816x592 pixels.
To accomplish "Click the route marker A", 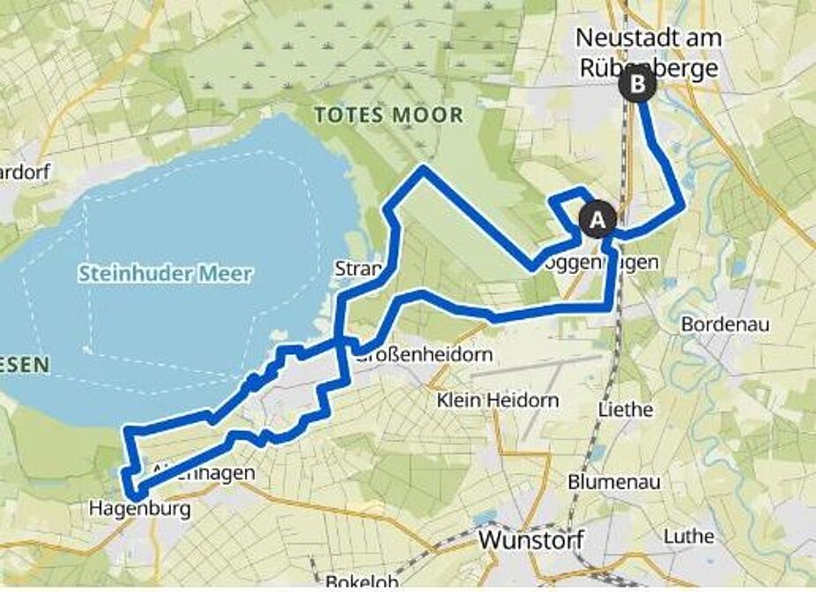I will [597, 219].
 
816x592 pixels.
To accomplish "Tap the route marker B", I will [636, 85].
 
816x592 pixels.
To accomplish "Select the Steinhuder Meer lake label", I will [165, 274].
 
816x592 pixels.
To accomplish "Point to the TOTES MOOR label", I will [389, 115].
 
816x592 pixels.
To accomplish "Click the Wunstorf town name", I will [530, 539].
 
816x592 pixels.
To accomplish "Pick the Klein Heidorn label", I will [498, 401].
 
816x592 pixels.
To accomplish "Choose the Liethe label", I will [625, 410].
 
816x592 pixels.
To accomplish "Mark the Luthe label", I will [689, 536].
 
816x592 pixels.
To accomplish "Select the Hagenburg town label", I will [139, 508].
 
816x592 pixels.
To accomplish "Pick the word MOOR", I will [430, 115].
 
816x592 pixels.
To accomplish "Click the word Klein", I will [460, 401].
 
